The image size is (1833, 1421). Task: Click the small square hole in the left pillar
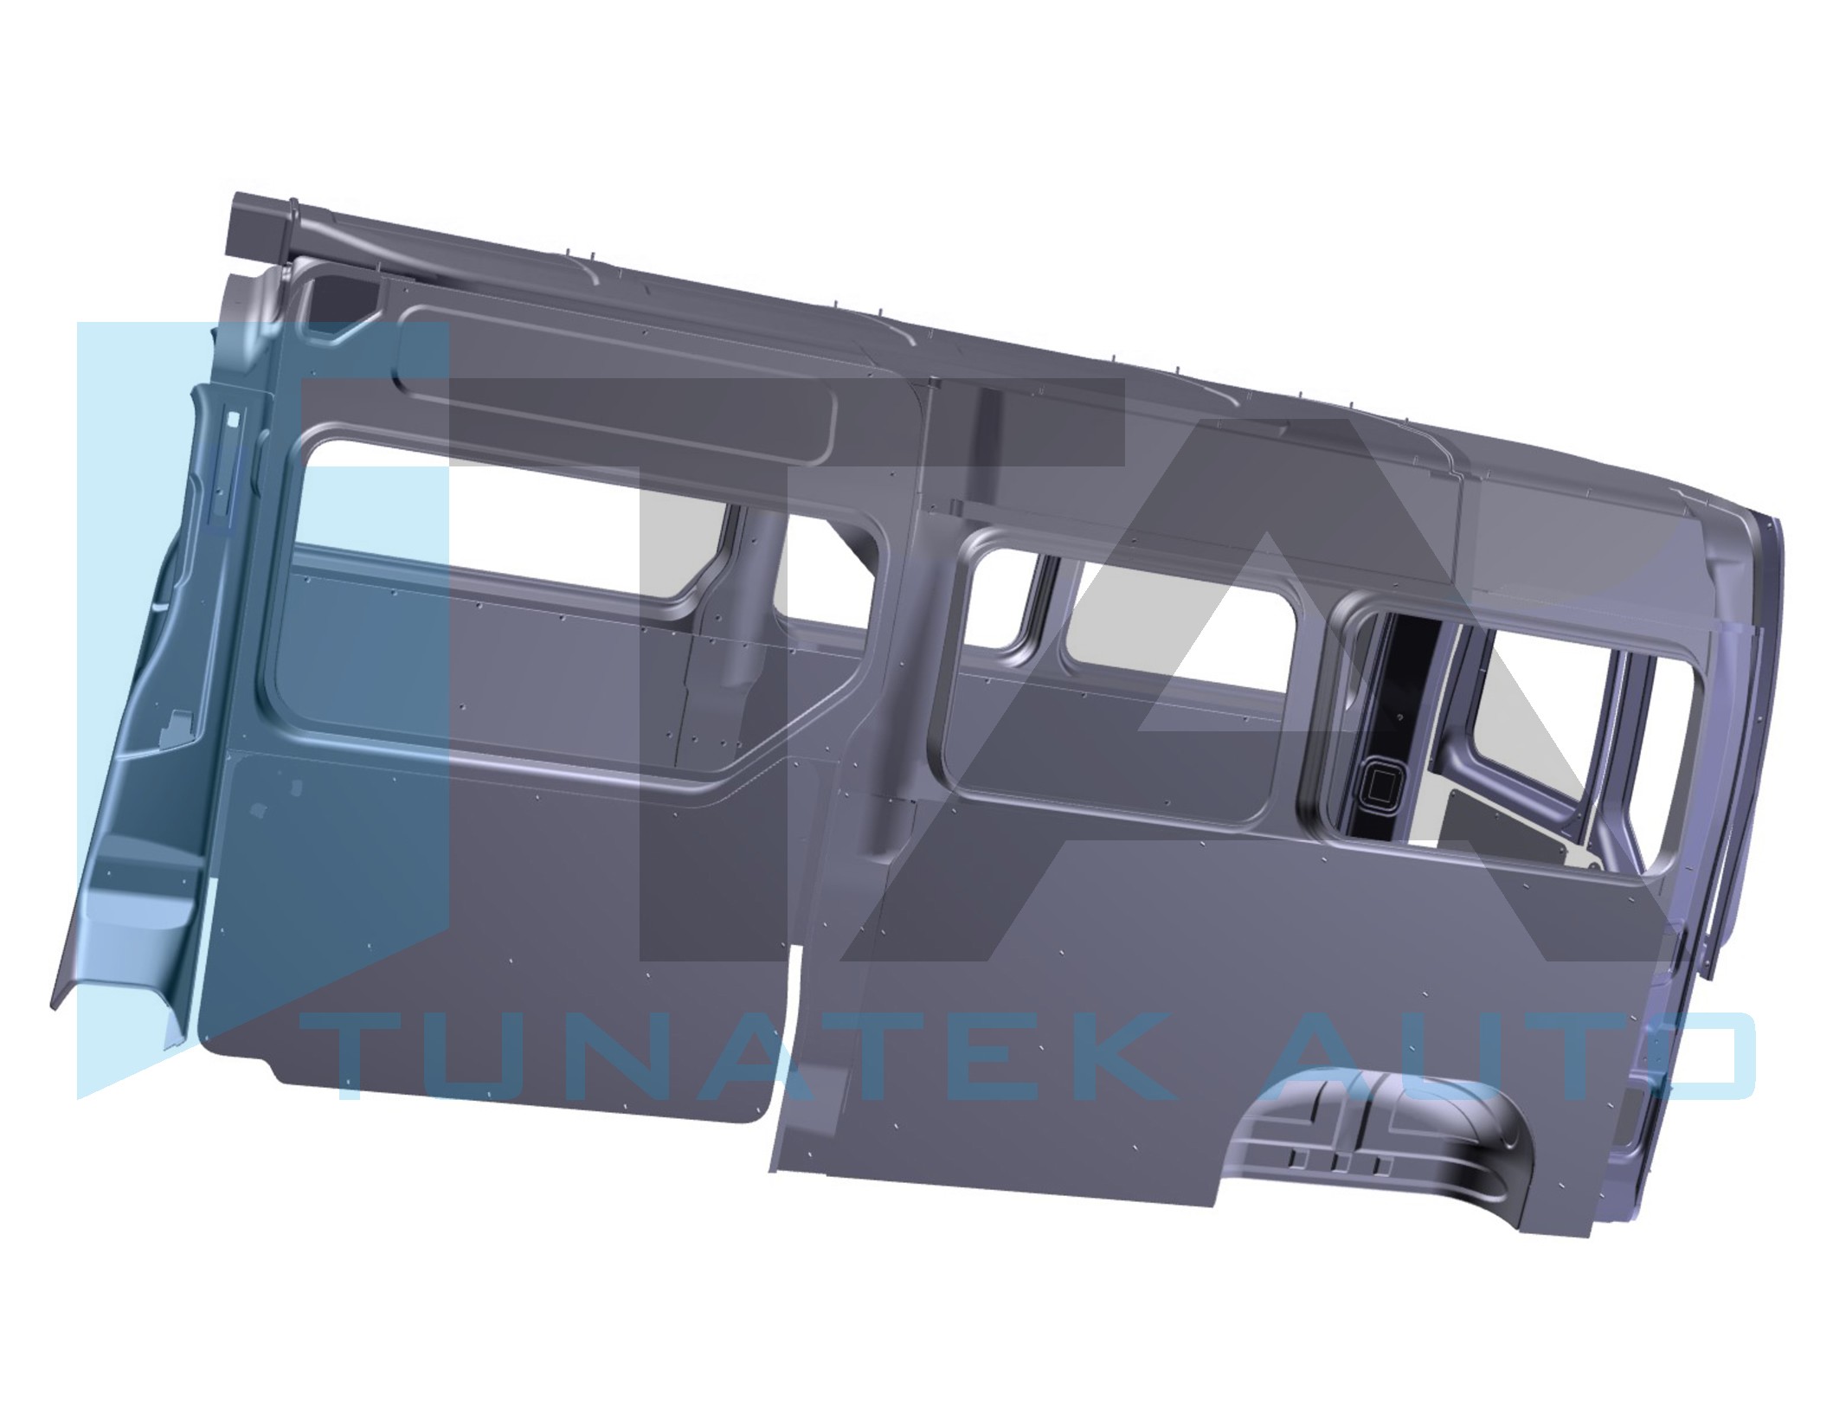click(x=232, y=418)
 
